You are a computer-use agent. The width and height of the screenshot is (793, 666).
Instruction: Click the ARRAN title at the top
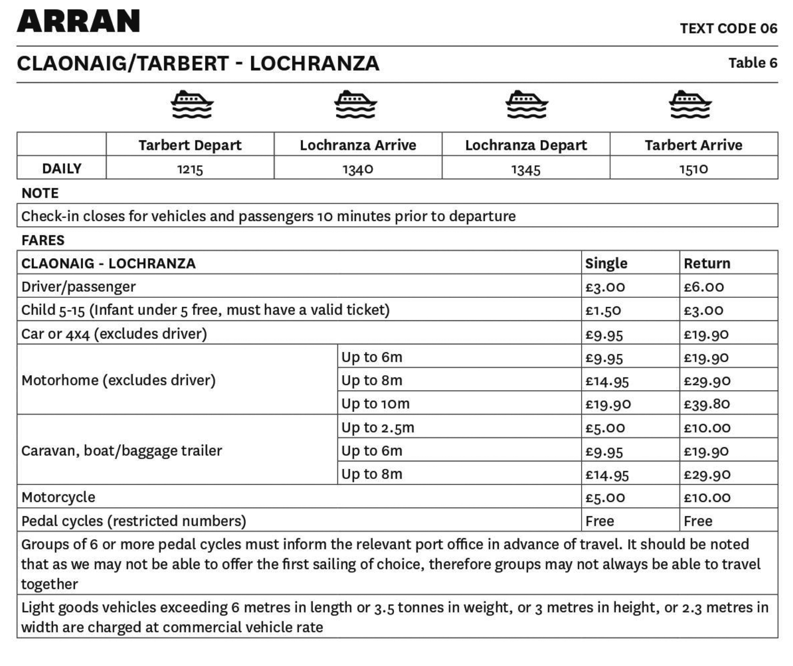(78, 21)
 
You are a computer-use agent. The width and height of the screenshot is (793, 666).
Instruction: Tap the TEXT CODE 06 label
(728, 29)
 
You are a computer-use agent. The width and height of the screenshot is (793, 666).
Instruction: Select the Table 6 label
(752, 63)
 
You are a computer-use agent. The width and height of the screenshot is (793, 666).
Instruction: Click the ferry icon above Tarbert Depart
(191, 105)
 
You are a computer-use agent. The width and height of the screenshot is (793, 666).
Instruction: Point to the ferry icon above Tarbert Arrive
(690, 105)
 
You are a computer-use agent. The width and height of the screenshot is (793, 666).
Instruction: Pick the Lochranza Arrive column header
(358, 145)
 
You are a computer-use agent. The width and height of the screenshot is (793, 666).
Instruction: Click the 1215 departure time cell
(190, 169)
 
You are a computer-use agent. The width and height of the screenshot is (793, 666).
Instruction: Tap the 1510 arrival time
(694, 169)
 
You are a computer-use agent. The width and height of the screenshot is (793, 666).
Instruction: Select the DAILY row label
(62, 169)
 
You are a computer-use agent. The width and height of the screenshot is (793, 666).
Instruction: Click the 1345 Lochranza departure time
(525, 169)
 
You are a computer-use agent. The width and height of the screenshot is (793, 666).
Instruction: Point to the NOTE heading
(40, 193)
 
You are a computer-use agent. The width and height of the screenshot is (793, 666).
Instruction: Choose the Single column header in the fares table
(606, 263)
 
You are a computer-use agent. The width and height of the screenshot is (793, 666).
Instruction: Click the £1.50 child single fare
(603, 310)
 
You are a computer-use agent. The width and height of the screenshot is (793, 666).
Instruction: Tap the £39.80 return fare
(707, 404)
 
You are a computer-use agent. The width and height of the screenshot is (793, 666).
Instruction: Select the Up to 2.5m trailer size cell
(378, 427)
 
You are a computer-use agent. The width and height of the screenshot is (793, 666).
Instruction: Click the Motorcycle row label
(58, 497)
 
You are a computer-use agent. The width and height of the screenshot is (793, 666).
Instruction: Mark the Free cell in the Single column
(599, 521)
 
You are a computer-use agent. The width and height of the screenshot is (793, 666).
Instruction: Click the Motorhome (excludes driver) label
(118, 380)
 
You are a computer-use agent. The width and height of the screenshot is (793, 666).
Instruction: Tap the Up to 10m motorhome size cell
(375, 404)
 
